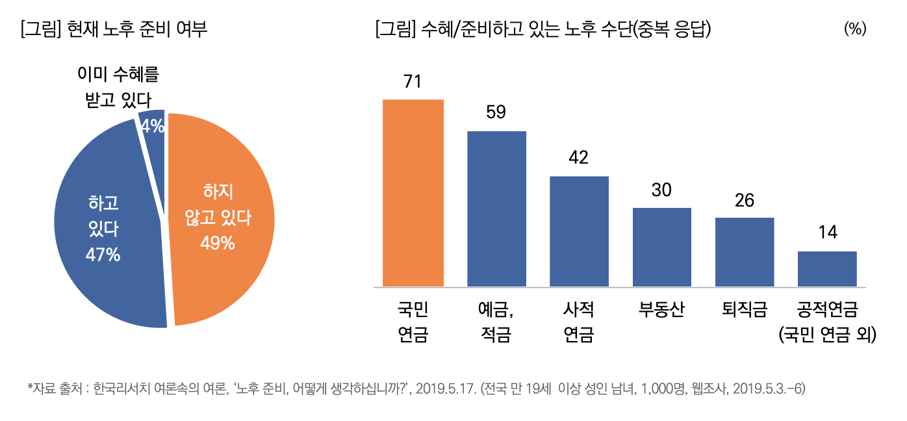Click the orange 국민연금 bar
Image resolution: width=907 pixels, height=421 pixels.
tap(413, 193)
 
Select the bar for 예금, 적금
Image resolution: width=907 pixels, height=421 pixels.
tap(496, 209)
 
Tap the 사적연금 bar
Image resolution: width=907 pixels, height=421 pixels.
tap(579, 231)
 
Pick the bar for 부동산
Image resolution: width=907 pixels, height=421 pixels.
tap(661, 247)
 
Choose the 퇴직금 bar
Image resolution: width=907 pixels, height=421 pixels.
tap(745, 252)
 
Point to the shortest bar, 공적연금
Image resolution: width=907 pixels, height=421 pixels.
tap(827, 269)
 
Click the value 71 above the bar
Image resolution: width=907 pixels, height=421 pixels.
tap(413, 82)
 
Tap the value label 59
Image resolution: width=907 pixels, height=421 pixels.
tap(496, 112)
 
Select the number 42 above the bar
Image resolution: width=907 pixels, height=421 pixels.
tap(578, 158)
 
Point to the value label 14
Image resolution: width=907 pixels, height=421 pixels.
tap(827, 233)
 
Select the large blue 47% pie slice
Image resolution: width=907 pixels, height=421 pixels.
tap(104, 227)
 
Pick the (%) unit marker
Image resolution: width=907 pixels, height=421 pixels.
tap(855, 29)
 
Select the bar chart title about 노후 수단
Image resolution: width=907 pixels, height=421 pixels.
tap(543, 29)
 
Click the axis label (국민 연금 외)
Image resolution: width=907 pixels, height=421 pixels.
tap(827, 335)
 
